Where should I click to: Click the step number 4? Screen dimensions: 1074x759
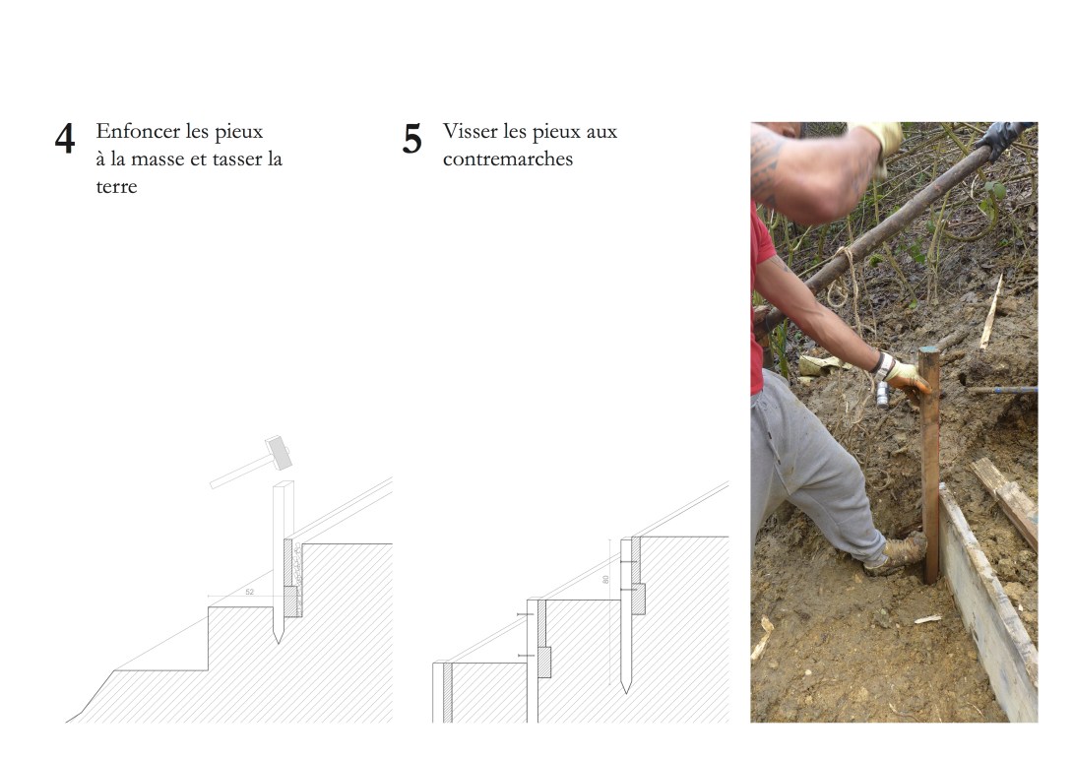point(65,139)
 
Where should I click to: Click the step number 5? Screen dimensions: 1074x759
point(411,139)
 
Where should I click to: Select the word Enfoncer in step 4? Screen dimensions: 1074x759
point(139,131)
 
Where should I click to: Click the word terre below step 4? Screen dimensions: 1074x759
point(116,186)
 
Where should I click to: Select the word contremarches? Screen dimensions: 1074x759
point(508,158)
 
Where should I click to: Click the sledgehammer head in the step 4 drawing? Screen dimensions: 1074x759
point(279,452)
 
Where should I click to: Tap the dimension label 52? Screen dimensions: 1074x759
point(249,592)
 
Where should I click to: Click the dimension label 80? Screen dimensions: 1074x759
point(605,580)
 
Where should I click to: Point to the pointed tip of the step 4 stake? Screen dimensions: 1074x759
point(278,642)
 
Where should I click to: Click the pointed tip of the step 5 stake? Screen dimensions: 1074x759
point(625,692)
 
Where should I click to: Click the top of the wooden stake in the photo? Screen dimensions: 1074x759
point(928,350)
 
